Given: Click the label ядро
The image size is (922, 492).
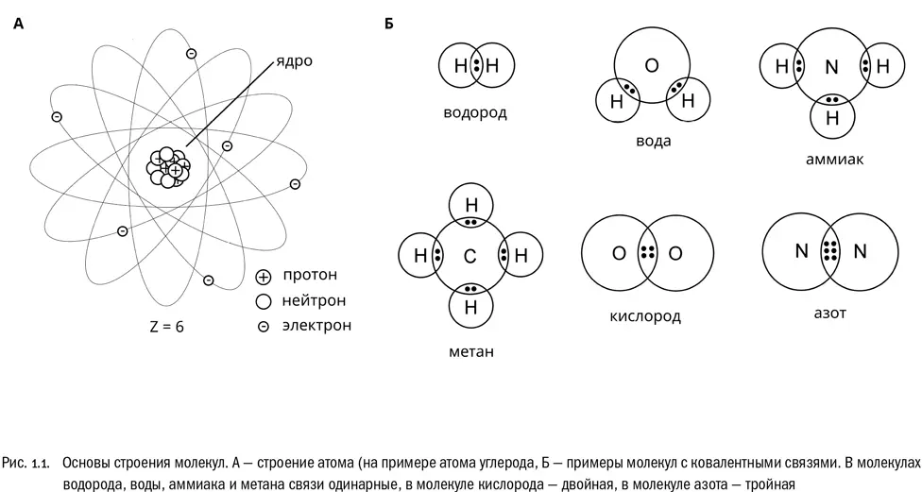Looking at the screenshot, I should click(293, 61).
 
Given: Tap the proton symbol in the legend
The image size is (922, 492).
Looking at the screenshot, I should click(264, 278).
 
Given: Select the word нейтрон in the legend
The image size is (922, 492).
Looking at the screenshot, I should click(314, 301).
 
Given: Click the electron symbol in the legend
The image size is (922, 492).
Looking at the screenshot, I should click(264, 327).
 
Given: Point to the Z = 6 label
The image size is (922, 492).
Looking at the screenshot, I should click(166, 329).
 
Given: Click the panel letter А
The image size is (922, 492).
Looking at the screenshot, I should click(18, 25).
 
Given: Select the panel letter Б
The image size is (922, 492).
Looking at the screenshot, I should click(388, 25).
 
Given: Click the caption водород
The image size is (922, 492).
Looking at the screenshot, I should click(475, 113).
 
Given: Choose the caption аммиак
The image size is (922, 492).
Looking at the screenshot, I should click(834, 160).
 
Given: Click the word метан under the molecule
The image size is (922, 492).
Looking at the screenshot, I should click(471, 352).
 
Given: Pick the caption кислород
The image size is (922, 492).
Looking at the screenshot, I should click(645, 316).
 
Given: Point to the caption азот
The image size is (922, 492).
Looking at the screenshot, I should click(828, 313).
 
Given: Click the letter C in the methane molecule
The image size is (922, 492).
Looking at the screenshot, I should click(470, 255).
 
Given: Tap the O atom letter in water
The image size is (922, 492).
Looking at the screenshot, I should click(651, 65).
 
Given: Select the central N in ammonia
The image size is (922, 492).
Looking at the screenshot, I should click(831, 67).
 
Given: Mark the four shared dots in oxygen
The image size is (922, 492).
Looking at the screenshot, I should click(648, 253).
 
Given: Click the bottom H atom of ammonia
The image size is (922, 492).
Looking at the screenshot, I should click(833, 118).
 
